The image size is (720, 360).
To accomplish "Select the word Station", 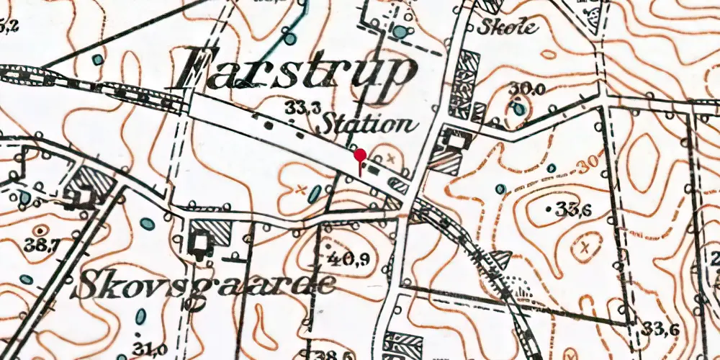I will pyautogui.click(x=369, y=124).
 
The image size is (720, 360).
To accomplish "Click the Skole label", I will pyautogui.click(x=507, y=28).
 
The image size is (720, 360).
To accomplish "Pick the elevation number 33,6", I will pyautogui.click(x=662, y=330).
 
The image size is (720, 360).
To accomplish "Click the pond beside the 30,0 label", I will pyautogui.click(x=519, y=109).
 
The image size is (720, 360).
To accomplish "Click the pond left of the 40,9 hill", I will pyautogui.click(x=315, y=193).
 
